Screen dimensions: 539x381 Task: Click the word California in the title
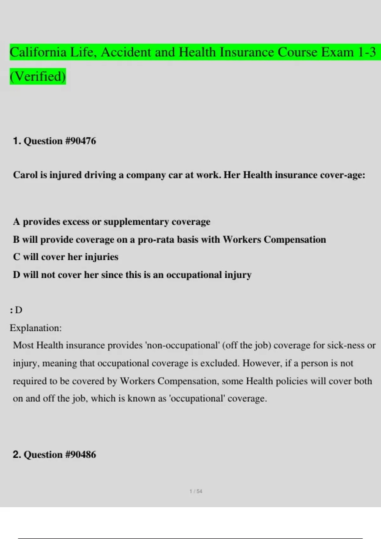[38, 52]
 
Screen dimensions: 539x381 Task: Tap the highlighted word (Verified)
[38, 76]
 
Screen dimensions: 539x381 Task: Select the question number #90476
[80, 141]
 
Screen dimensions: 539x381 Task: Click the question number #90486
[80, 454]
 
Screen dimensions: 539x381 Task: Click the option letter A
[17, 222]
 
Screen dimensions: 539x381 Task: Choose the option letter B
[16, 239]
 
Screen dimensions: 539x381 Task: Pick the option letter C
[17, 257]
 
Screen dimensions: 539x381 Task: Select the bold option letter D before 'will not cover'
[17, 275]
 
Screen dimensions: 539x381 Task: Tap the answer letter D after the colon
[19, 310]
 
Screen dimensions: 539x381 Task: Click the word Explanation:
[36, 328]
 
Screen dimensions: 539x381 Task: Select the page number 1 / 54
[196, 491]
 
